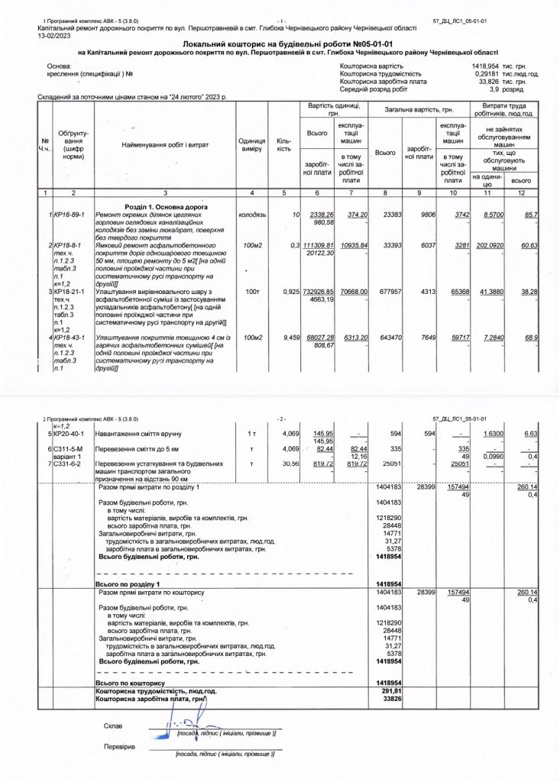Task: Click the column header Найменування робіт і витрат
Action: tap(165, 144)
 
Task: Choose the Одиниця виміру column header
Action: tap(251, 144)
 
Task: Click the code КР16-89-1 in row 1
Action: tap(69, 215)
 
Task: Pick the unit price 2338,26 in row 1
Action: tap(319, 215)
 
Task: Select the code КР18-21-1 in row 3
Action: tap(69, 292)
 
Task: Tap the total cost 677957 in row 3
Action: tap(392, 292)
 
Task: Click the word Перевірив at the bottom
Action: tap(119, 745)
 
